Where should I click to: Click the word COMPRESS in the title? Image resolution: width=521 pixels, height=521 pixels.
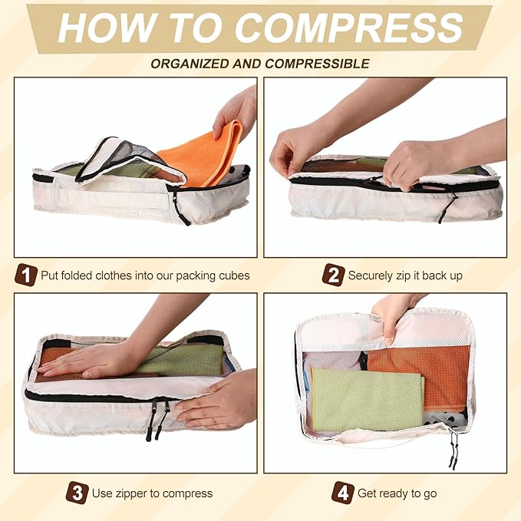point(350,28)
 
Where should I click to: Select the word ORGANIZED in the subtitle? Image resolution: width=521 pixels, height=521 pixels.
point(190,64)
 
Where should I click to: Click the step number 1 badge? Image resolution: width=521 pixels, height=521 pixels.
point(25,275)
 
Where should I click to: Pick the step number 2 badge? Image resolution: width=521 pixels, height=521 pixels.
point(333,275)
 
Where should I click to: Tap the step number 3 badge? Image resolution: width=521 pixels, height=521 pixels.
point(77,493)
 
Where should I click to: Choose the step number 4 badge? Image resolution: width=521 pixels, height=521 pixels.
point(343,493)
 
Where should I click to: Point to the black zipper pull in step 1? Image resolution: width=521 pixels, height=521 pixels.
point(181,209)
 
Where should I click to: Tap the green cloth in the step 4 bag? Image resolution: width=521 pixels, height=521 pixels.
point(368,400)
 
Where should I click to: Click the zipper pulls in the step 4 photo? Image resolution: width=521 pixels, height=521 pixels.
point(453,449)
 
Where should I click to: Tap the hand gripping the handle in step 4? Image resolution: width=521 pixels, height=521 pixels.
point(392,320)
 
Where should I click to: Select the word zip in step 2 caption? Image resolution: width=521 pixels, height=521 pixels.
point(403,276)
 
